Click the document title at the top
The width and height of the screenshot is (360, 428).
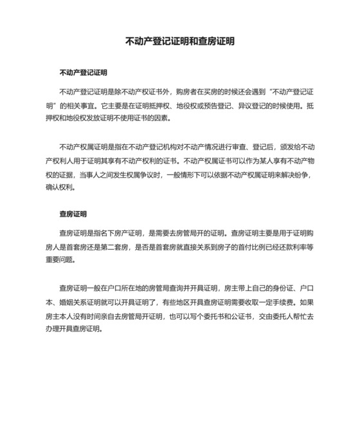pyautogui.click(x=179, y=41)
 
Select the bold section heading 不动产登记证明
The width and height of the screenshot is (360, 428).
pyautogui.click(x=83, y=73)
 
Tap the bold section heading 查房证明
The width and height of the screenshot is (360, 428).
pyautogui.click(x=73, y=214)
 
